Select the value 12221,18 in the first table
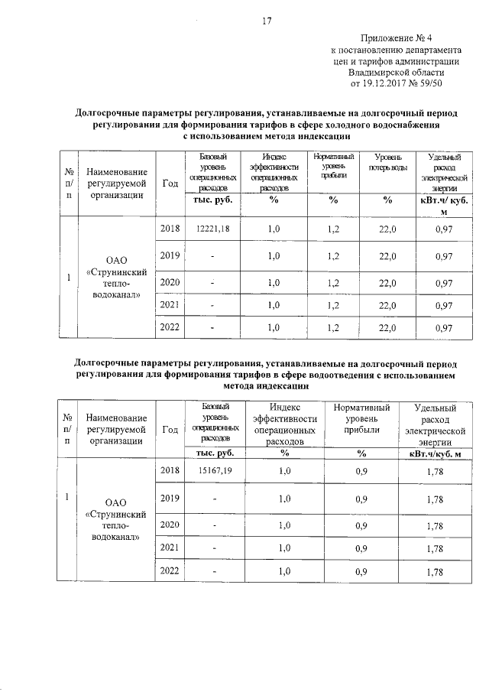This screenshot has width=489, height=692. [x=213, y=229]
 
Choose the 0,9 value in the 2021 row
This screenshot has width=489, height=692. [x=362, y=548]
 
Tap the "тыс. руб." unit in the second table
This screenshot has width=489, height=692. [x=213, y=454]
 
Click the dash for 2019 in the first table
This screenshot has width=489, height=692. [x=213, y=257]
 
